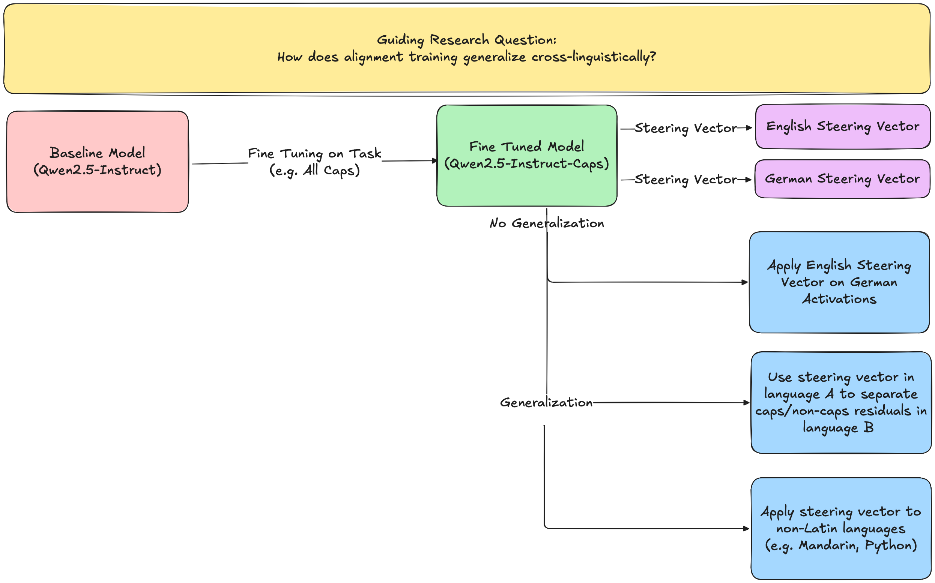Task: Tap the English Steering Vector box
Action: pyautogui.click(x=842, y=126)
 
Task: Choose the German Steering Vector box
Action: pyautogui.click(x=842, y=179)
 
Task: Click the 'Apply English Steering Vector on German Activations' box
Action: pyautogui.click(x=839, y=282)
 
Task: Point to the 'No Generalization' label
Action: pyautogui.click(x=546, y=223)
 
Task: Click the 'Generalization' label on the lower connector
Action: pyautogui.click(x=546, y=403)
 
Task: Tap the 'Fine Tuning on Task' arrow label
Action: pyautogui.click(x=314, y=153)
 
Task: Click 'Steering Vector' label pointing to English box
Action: pyautogui.click(x=685, y=128)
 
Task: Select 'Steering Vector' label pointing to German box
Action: pyautogui.click(x=685, y=179)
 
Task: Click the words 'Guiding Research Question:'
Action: pyautogui.click(x=466, y=40)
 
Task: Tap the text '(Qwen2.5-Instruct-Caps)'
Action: pyautogui.click(x=526, y=164)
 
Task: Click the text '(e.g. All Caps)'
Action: pyautogui.click(x=314, y=171)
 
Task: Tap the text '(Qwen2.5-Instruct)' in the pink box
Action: pyautogui.click(x=97, y=170)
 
